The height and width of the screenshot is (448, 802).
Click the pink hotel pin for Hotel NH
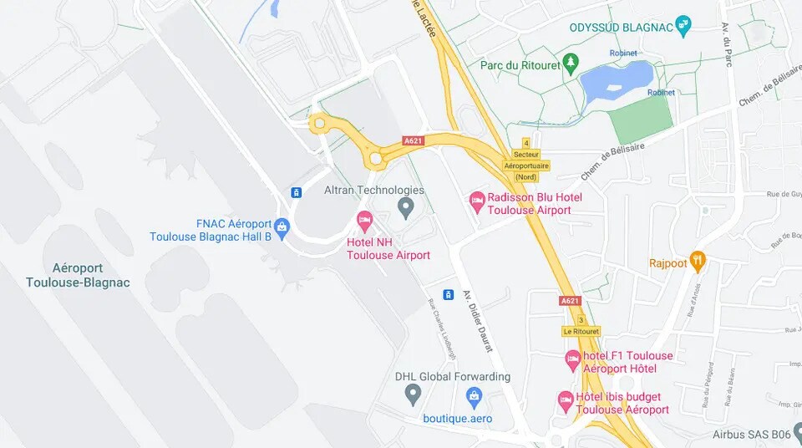[364, 222]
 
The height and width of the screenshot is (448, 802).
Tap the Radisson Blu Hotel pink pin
[477, 200]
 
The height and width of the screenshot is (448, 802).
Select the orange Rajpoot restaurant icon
[698, 261]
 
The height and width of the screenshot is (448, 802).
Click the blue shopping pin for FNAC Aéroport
[282, 227]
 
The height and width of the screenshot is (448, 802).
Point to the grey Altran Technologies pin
[406, 206]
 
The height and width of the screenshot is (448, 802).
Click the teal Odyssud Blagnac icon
[683, 26]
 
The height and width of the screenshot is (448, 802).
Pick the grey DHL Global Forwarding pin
[412, 394]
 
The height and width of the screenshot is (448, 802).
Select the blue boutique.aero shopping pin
[475, 395]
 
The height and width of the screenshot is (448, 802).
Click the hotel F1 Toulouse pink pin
[572, 359]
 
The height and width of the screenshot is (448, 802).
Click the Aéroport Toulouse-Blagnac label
[78, 275]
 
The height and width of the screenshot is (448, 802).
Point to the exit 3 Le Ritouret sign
[581, 326]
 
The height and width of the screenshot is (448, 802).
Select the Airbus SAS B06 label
[751, 435]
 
